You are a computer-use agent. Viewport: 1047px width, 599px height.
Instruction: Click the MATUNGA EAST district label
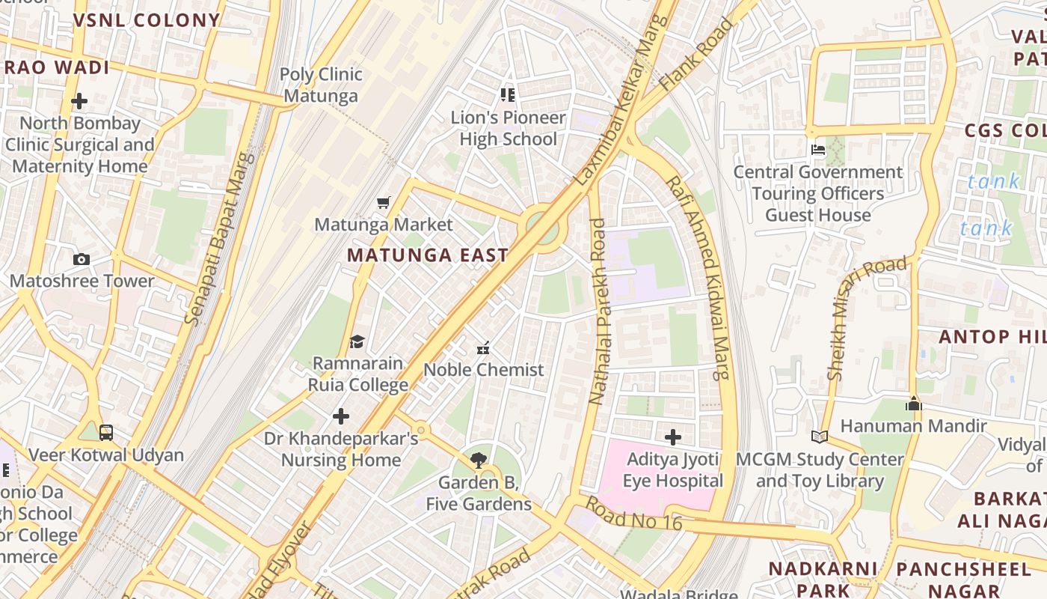428,255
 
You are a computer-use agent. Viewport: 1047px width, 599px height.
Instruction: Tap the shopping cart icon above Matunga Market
384,202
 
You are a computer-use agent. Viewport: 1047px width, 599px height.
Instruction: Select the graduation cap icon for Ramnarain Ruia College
357,342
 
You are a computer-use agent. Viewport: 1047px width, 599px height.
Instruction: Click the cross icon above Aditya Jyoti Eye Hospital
672,437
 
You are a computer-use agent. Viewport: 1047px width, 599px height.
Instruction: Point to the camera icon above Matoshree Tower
82,260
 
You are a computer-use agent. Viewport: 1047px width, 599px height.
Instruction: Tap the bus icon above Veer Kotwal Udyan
106,433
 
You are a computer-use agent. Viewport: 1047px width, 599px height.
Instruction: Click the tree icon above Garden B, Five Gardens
478,460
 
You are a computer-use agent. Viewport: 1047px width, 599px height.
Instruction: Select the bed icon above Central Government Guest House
818,150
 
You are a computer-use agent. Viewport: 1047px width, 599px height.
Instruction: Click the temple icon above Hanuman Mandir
913,404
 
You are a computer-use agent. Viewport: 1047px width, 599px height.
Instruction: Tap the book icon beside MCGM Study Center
820,437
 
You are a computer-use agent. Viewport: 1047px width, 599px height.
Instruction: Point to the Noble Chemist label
484,370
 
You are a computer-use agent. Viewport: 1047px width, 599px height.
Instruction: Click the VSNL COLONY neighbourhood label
147,20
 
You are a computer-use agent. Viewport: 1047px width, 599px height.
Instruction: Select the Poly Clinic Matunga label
321,85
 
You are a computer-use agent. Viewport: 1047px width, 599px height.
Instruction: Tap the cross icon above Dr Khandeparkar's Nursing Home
341,416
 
